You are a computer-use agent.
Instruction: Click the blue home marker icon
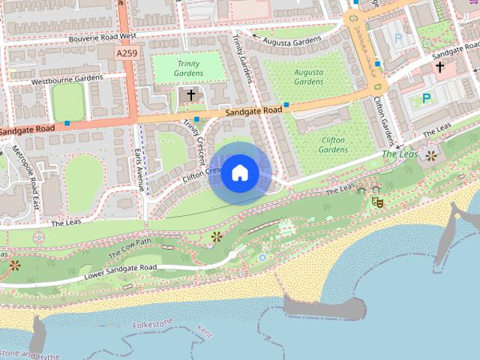239,172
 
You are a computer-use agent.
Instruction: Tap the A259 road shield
127,54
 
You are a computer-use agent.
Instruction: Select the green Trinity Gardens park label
189,68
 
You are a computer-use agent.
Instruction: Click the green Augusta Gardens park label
308,76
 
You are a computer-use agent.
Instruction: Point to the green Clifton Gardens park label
333,145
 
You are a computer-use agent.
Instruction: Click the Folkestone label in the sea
153,325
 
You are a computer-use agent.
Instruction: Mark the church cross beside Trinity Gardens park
190,95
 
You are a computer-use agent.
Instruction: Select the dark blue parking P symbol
426,97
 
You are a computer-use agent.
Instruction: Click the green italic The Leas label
398,154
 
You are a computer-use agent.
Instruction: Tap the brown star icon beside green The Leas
430,156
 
